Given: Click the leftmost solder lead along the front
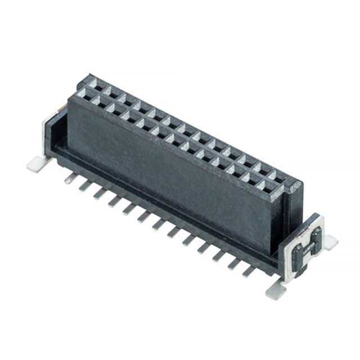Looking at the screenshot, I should [70, 178].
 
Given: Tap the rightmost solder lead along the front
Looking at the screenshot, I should [248, 271].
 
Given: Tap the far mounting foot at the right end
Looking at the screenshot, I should [330, 242].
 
